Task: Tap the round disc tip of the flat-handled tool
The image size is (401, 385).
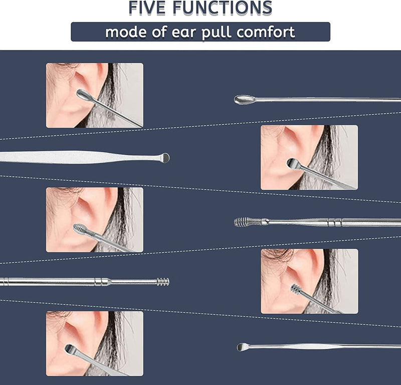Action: click(164, 158)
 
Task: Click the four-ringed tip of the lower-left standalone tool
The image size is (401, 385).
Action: click(163, 282)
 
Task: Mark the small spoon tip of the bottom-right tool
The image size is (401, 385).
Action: click(243, 346)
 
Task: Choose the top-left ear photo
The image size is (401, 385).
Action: click(95, 95)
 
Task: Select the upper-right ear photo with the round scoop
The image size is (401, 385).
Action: click(309, 157)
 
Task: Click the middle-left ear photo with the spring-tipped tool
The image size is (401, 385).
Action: click(95, 219)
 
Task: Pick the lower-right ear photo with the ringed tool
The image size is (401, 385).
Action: click(309, 281)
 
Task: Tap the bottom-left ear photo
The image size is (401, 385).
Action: click(95, 343)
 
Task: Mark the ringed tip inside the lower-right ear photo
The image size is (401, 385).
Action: click(297, 290)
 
